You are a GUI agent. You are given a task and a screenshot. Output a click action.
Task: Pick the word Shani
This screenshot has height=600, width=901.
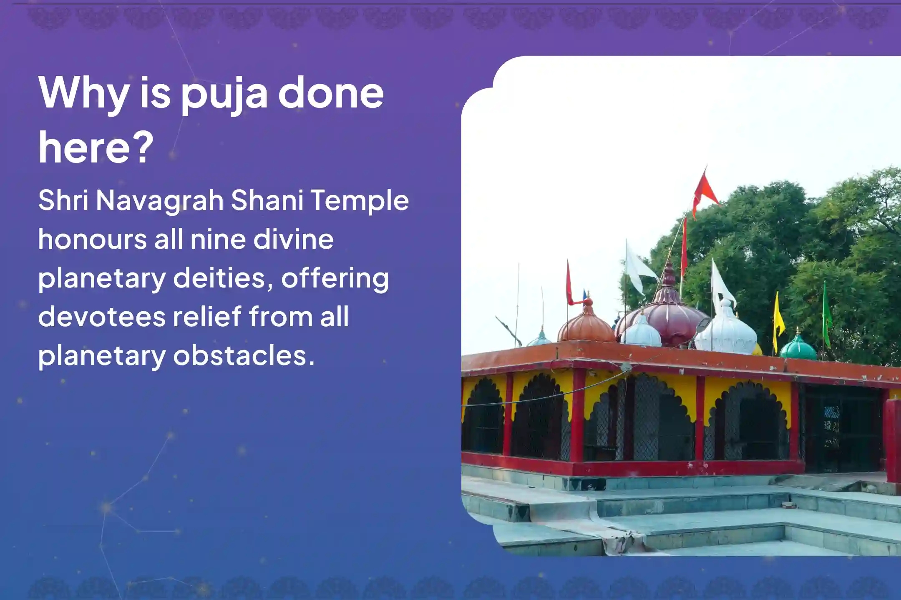pyautogui.click(x=267, y=200)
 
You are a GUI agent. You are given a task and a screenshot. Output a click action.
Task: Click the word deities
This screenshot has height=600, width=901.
pyautogui.click(x=219, y=278)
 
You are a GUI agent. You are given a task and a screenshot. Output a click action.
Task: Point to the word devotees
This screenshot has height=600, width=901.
pyautogui.click(x=103, y=317)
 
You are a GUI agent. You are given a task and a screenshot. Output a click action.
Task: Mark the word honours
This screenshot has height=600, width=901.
pyautogui.click(x=92, y=240)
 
